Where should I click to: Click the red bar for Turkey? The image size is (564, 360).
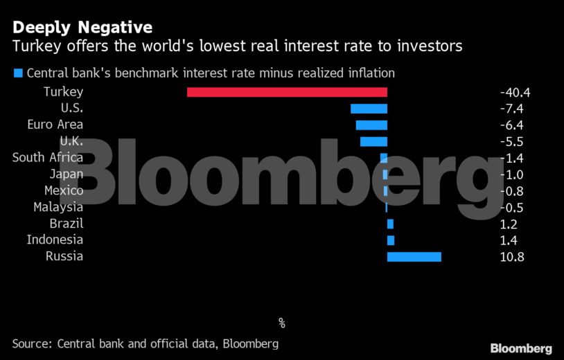(x=287, y=92)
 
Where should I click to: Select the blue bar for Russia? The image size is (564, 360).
(x=414, y=257)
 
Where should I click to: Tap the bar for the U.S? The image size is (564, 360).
(x=369, y=109)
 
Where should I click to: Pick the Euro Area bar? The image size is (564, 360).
(x=371, y=125)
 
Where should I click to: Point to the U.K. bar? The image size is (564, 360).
(x=373, y=142)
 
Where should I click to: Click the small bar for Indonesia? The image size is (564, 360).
(x=391, y=240)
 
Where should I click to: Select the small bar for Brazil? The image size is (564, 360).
(x=390, y=224)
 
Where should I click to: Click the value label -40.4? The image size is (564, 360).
(x=514, y=92)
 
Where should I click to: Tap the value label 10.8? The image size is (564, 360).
(x=512, y=257)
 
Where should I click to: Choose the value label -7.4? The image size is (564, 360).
(x=511, y=109)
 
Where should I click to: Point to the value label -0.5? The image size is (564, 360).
(x=511, y=208)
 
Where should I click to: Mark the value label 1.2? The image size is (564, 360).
(x=508, y=224)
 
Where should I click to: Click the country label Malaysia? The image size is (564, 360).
(x=58, y=207)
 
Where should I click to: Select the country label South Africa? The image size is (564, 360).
(x=48, y=158)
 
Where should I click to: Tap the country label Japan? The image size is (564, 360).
(x=67, y=174)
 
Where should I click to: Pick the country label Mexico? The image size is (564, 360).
(x=64, y=190)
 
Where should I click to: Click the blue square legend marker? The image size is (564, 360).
(x=18, y=73)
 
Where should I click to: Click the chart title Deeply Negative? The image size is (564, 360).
(x=82, y=28)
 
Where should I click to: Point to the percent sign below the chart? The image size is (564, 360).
(x=282, y=323)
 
